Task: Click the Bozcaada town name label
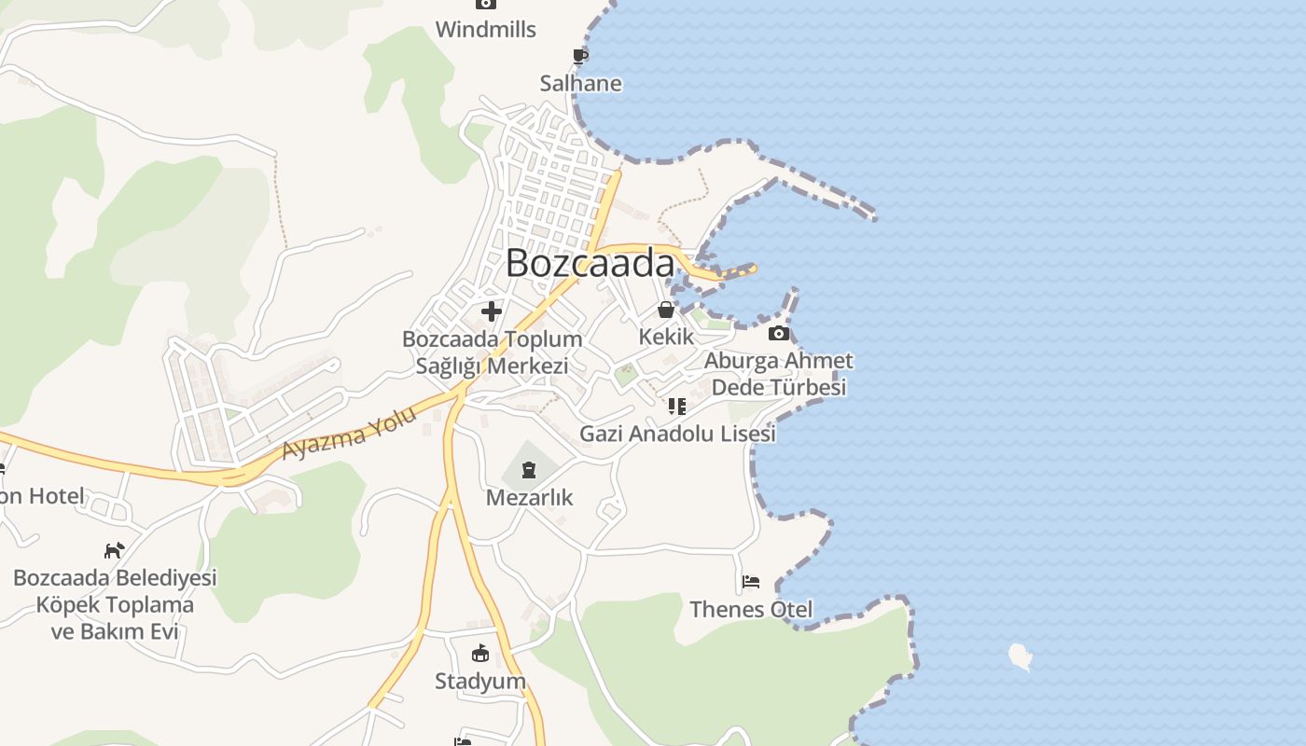pos(590,263)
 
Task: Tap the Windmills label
pos(485,30)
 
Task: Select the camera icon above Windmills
pos(485,4)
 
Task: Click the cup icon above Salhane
pos(580,56)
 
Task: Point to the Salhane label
pos(580,84)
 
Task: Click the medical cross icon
pos(492,311)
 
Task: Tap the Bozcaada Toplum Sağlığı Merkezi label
pos(492,352)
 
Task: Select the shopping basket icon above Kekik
pos(666,310)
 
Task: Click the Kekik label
pos(666,337)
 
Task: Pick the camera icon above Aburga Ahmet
pos(778,333)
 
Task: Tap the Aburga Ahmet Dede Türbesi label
pos(778,373)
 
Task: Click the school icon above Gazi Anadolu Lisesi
pos(677,407)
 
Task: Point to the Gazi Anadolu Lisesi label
pos(677,434)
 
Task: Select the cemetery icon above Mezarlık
pos(529,469)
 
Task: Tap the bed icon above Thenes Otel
pos(751,582)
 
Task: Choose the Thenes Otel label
pos(751,610)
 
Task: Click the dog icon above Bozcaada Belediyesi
pos(114,550)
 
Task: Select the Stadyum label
pos(480,681)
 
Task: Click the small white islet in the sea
pos(1021,656)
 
